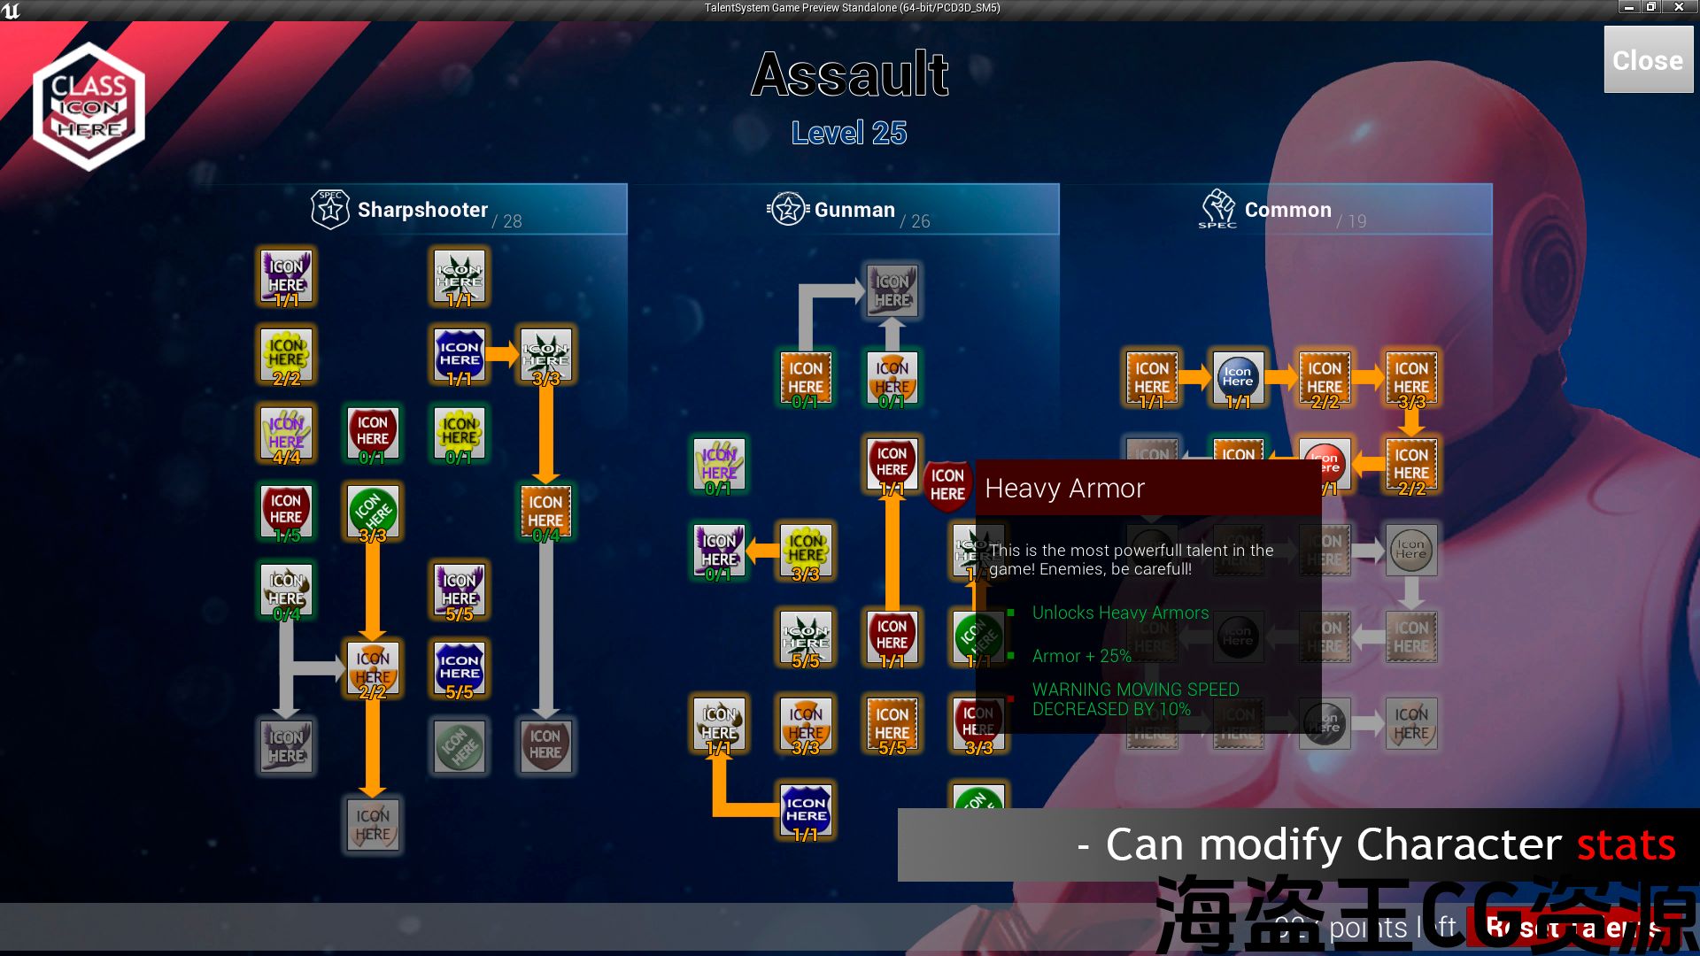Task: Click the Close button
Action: coord(1648,60)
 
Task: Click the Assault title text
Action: coord(850,74)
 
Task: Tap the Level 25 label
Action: coord(849,133)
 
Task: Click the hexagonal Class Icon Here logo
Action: coord(89,106)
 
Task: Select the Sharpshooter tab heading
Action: coord(422,210)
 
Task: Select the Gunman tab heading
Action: coord(854,210)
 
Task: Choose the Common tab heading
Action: coord(1287,210)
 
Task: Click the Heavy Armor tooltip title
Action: coord(1064,488)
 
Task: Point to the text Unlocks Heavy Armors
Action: coord(1120,613)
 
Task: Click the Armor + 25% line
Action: coord(1081,656)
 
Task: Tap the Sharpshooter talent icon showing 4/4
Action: coord(286,434)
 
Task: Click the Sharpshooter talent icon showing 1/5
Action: coord(286,511)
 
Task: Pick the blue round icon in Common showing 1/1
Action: coord(1238,378)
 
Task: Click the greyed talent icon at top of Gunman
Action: coord(892,290)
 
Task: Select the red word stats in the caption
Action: coord(1626,844)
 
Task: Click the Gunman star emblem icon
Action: coord(787,210)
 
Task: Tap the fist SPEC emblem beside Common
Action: coord(1218,209)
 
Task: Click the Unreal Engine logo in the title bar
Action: coord(11,10)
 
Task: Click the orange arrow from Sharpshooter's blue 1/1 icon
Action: coord(501,355)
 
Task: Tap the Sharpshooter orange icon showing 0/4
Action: coord(545,512)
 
